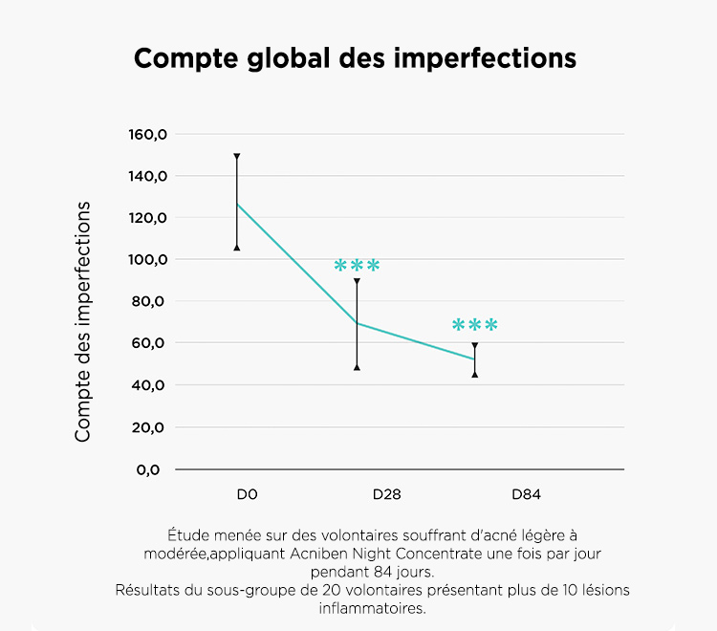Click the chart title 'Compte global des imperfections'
tap(355, 58)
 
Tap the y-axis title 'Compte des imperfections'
tap(83, 321)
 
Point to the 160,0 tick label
tap(147, 135)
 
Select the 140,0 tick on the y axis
tap(147, 177)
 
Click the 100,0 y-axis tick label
tap(147, 260)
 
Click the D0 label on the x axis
tap(248, 494)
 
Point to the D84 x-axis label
tap(526, 494)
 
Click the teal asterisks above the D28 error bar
tap(358, 266)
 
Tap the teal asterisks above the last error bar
tap(474, 326)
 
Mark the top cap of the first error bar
tap(237, 155)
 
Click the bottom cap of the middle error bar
tap(357, 366)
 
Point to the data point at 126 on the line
tap(237, 204)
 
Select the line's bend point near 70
tap(357, 323)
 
